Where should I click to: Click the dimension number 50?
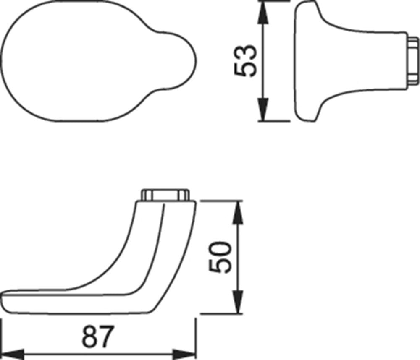tap(220, 257)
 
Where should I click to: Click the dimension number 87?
tap(98, 336)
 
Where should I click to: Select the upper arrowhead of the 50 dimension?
tap(238, 212)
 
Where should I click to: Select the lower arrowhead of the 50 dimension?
tap(238, 301)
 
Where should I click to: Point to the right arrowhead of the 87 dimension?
tap(184, 354)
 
